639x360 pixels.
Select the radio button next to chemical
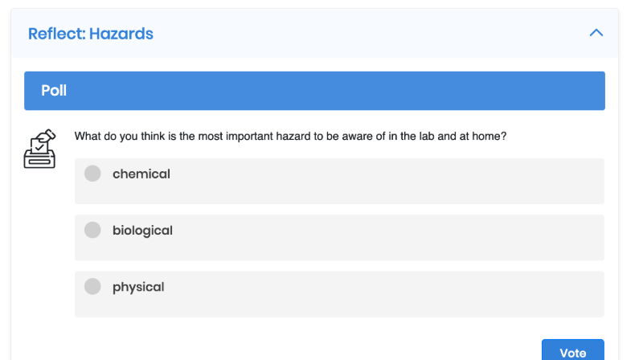92,174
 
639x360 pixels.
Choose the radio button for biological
92,230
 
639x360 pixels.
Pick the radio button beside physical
92,286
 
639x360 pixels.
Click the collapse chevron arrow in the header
596,33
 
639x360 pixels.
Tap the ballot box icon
39,149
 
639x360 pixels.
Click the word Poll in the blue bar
54,91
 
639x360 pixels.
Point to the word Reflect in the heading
56,34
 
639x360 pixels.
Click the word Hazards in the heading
121,34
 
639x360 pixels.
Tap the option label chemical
141,174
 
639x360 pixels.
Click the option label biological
142,231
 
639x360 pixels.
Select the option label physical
138,287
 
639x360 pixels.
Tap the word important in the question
249,137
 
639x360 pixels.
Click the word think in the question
153,136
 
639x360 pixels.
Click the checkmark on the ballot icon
39,146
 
